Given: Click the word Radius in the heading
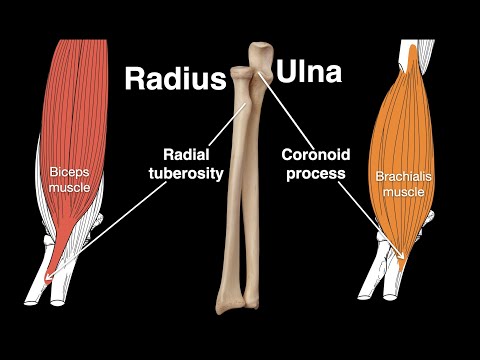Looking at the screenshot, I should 174,79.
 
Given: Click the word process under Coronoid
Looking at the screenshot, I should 312,173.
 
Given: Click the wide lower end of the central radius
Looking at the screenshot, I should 231,296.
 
